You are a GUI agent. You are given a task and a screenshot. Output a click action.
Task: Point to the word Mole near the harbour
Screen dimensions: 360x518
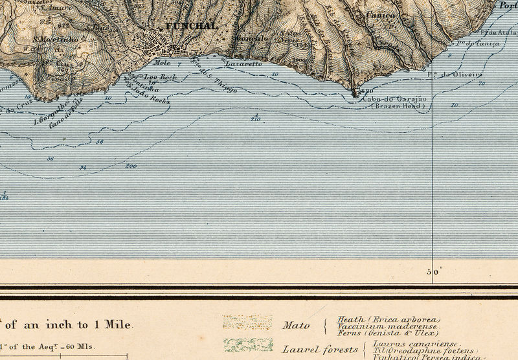coord(163,63)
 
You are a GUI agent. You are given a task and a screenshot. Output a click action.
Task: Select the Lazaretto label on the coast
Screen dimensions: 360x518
coord(243,64)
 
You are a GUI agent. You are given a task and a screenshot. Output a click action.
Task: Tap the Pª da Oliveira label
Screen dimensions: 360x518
coord(451,74)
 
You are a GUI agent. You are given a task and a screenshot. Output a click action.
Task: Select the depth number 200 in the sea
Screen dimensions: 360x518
coord(131,166)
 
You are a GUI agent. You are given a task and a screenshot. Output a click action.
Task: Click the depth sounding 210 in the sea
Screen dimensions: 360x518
coord(254,119)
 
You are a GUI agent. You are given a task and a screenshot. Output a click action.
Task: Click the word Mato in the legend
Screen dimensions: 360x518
coord(296,326)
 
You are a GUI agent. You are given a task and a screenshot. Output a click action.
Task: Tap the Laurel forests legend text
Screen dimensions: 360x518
coord(320,350)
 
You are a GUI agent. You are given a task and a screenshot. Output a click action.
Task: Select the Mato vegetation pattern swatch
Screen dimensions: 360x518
coord(247,322)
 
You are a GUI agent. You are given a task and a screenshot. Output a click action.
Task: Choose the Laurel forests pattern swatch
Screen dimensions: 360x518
coord(247,344)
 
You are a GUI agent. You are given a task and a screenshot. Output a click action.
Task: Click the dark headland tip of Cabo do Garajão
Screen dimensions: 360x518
coord(355,94)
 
